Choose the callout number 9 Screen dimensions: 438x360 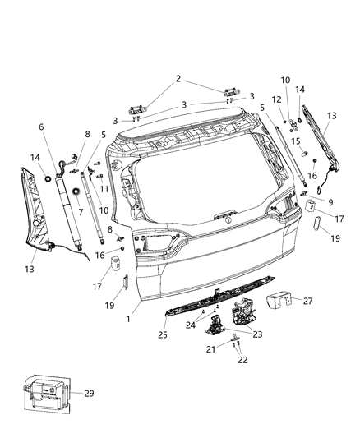pos(330,201)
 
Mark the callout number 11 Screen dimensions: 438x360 pos(104,190)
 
